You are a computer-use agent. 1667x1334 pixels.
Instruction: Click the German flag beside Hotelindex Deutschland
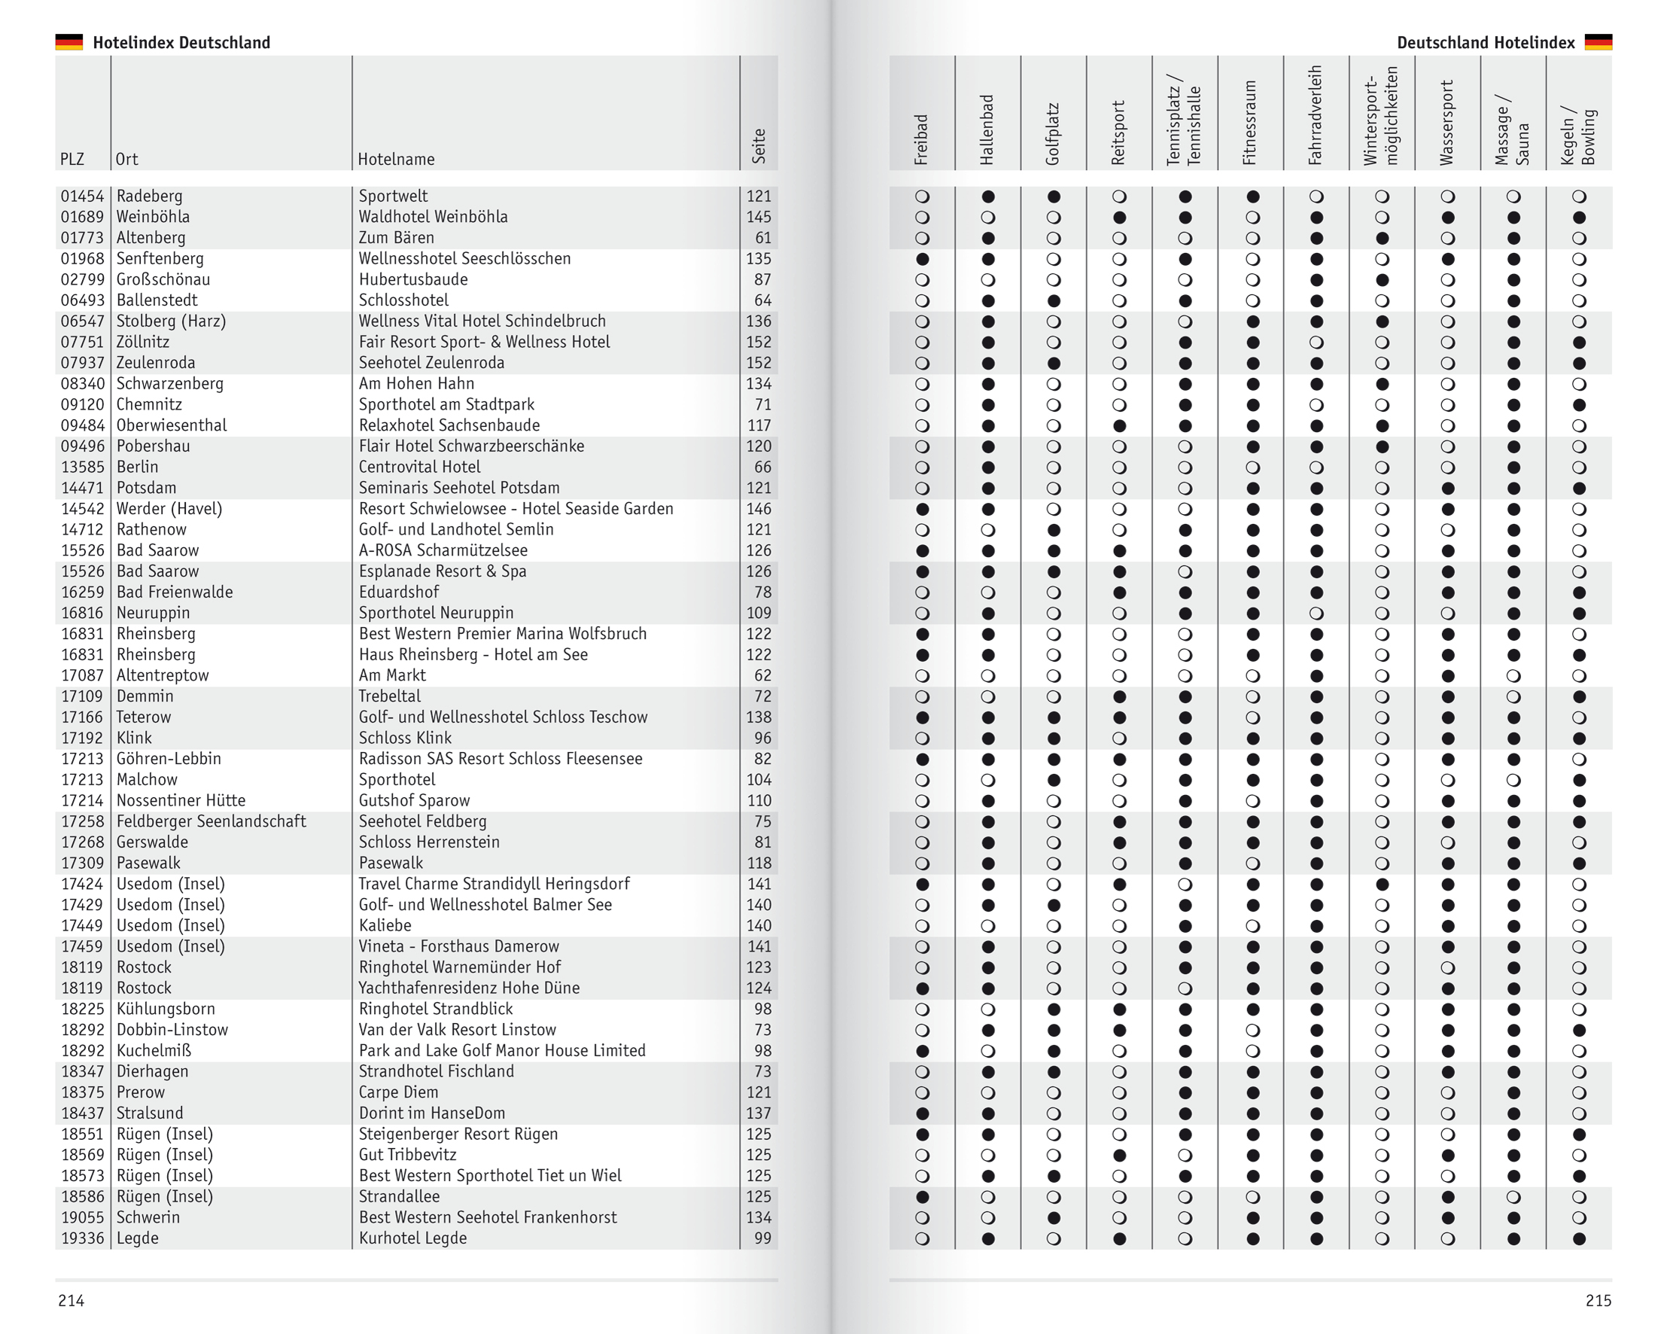[x=68, y=41]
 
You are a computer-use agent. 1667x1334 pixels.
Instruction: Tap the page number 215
[x=1598, y=1301]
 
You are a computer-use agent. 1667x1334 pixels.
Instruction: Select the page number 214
[x=71, y=1301]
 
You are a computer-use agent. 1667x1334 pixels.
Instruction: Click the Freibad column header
[x=921, y=139]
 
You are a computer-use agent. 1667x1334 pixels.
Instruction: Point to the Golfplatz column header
[x=1052, y=133]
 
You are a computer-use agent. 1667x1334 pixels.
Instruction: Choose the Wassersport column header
[x=1446, y=122]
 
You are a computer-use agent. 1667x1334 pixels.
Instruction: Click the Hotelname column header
[x=396, y=160]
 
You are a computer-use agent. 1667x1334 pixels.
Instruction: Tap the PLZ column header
[x=72, y=160]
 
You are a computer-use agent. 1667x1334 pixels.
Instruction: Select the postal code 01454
[x=82, y=196]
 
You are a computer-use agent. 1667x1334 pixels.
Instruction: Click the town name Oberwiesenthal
[x=172, y=425]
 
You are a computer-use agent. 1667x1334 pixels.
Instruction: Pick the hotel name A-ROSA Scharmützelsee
[x=443, y=550]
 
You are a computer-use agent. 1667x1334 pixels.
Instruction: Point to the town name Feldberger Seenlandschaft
[x=211, y=821]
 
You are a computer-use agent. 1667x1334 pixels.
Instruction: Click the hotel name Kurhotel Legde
[x=413, y=1238]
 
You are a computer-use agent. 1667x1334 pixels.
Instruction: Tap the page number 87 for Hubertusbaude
[x=762, y=280]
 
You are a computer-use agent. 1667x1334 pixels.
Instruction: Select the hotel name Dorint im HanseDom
[x=431, y=1113]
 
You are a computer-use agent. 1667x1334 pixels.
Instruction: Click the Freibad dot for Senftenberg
[x=922, y=259]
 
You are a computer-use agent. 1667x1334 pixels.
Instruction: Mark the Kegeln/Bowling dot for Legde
[x=1579, y=1239]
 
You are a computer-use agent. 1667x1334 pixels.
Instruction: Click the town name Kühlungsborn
[x=166, y=1010]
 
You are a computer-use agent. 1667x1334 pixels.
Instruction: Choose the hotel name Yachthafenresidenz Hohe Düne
[x=470, y=988]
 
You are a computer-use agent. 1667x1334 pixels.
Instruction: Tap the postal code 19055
[x=82, y=1217]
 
